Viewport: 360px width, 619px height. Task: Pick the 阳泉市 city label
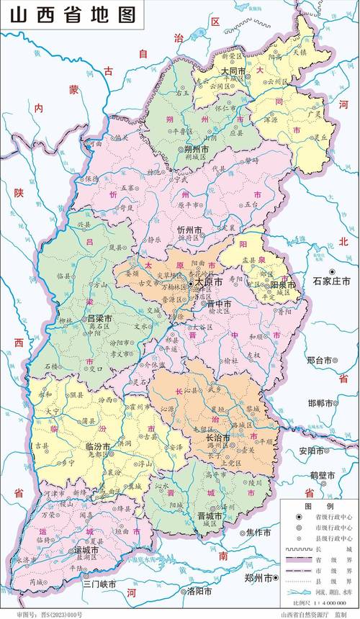tap(274, 285)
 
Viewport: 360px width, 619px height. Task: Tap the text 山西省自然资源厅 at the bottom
tap(305, 614)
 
